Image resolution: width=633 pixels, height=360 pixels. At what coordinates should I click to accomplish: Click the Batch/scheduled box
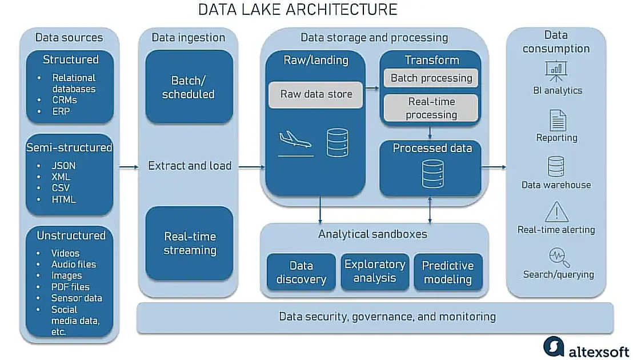189,87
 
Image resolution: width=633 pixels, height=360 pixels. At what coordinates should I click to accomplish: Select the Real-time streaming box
189,243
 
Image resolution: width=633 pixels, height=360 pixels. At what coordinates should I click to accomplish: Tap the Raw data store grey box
316,94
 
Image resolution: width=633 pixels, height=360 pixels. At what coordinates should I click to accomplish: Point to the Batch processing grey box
431,78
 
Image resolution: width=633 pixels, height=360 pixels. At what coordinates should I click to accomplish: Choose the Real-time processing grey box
431,108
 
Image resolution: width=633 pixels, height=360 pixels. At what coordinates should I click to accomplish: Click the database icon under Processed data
432,173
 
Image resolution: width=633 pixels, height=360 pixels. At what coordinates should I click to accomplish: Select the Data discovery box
301,272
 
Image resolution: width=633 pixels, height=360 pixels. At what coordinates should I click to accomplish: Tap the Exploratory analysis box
375,271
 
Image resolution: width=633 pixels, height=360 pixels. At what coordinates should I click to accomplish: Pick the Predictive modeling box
448,272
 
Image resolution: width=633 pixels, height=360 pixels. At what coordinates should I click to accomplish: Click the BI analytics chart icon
556,70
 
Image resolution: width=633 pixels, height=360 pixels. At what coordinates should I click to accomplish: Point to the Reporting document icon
557,121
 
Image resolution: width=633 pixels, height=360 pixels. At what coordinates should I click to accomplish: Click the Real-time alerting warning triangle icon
556,211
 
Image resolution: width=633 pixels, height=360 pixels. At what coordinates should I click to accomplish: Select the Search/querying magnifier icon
558,258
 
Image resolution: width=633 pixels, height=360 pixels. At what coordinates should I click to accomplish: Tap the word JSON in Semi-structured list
63,166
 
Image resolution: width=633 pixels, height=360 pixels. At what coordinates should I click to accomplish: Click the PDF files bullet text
70,286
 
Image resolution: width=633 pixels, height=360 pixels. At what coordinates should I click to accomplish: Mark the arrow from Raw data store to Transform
372,88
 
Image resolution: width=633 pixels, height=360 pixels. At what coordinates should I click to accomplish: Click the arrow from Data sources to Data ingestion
129,167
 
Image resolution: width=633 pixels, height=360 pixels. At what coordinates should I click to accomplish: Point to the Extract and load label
190,166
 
